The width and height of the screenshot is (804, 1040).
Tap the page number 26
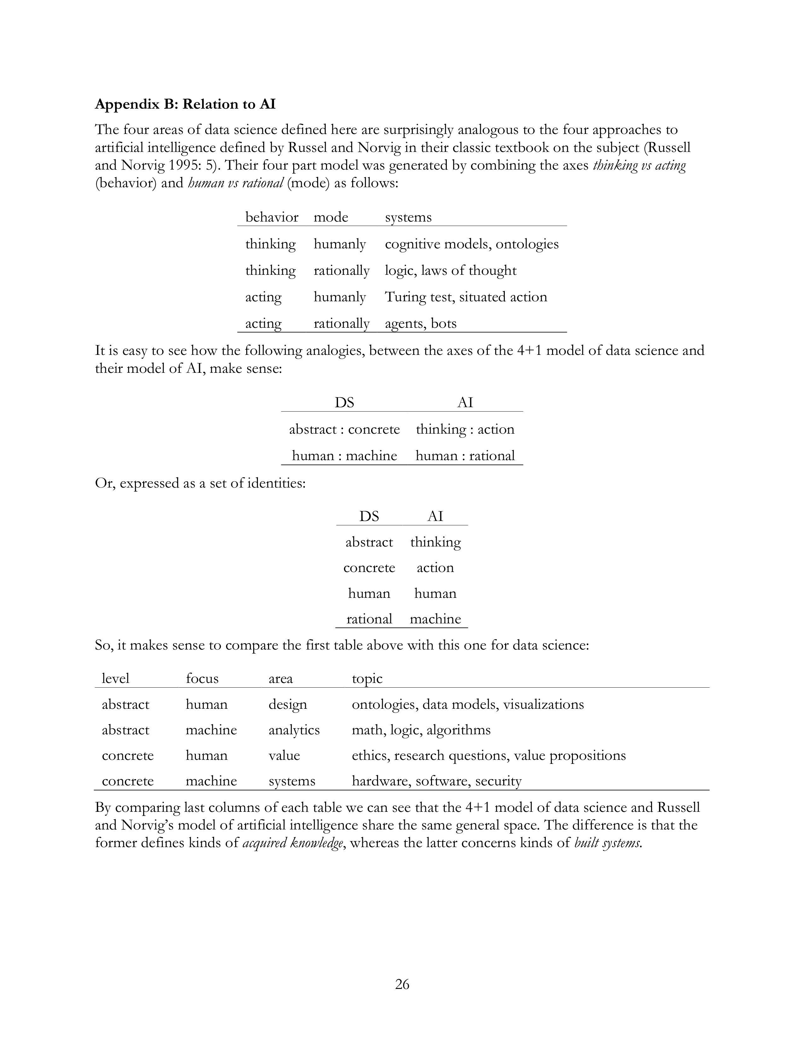click(402, 984)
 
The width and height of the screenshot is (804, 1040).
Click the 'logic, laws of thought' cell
click(451, 270)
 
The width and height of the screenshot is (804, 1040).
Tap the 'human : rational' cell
click(465, 456)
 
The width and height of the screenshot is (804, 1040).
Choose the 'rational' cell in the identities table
click(369, 619)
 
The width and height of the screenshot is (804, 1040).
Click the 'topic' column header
click(367, 678)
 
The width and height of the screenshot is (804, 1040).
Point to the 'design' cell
click(288, 704)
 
